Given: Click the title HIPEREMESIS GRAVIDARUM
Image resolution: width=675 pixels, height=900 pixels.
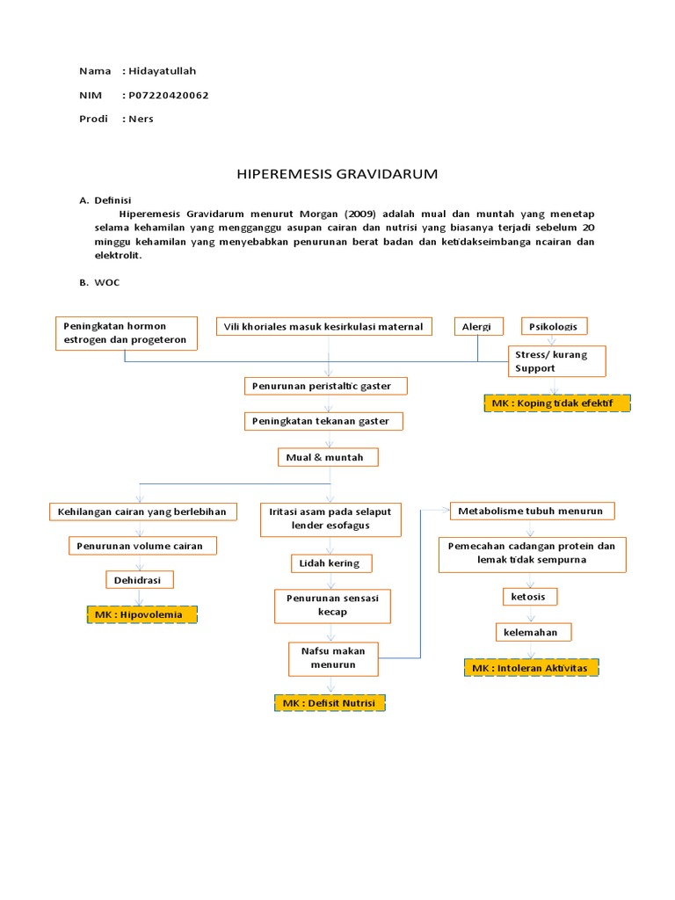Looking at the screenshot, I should (337, 174).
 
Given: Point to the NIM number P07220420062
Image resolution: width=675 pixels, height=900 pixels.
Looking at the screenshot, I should (168, 95).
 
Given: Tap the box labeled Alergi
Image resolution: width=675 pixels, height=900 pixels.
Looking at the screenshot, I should (478, 327).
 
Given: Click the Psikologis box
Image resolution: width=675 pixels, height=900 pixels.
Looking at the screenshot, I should (554, 327).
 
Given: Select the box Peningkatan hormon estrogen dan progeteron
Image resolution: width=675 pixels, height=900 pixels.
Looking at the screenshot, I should (127, 333).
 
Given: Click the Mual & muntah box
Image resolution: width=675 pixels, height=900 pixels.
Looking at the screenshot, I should (330, 457).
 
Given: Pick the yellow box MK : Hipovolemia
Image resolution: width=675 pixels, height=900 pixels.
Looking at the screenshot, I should (142, 614).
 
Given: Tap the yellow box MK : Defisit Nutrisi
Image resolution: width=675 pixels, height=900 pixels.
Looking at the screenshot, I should (330, 703).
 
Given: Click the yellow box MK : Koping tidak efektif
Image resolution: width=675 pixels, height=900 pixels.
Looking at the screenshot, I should (556, 403).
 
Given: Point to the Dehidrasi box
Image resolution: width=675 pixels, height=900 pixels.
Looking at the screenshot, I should (139, 580).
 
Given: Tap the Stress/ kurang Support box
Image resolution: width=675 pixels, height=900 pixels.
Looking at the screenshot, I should (555, 360).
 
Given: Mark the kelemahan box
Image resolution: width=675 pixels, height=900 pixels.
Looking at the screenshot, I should (532, 632).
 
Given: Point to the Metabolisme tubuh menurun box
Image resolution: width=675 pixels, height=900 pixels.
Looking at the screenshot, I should (533, 511).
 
